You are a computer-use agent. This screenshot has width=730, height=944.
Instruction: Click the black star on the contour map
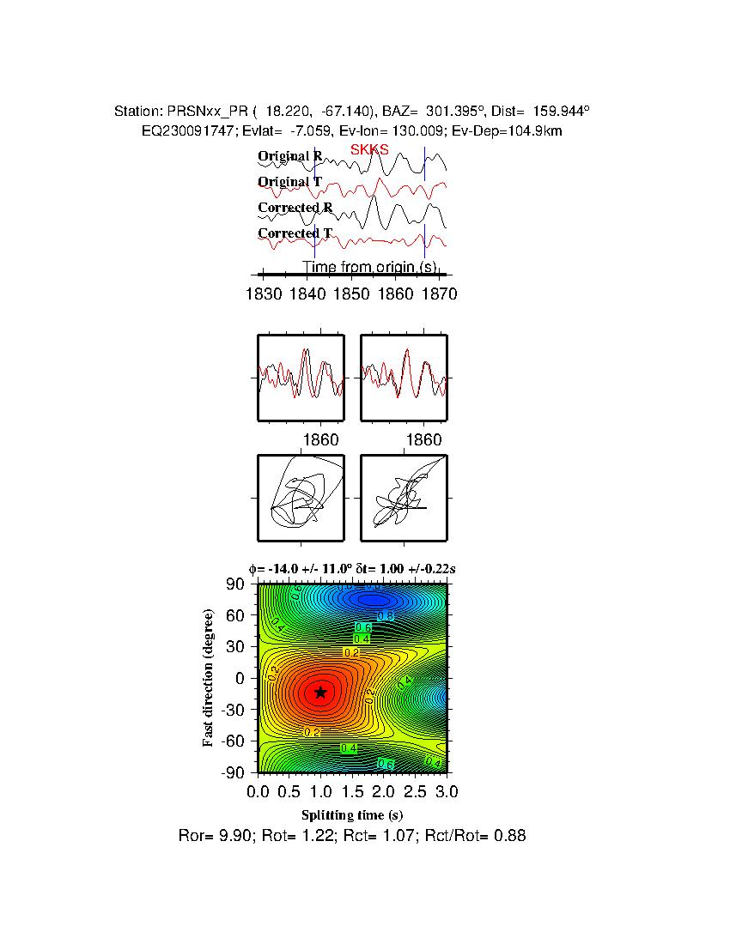click(320, 693)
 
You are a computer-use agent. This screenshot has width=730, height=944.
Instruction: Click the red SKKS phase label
click(369, 149)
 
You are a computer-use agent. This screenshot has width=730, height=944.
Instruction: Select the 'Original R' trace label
click(290, 156)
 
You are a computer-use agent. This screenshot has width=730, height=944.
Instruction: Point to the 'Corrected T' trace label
click(295, 233)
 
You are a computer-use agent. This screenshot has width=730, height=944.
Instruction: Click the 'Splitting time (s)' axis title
click(352, 814)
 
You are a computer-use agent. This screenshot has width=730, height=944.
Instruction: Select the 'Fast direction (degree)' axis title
click(209, 678)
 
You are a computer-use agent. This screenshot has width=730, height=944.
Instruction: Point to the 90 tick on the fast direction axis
click(237, 584)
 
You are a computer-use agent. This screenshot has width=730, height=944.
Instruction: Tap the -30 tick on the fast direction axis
click(234, 710)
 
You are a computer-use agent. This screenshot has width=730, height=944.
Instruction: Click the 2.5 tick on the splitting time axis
click(416, 790)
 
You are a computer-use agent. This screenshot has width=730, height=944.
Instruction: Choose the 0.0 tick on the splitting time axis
click(259, 790)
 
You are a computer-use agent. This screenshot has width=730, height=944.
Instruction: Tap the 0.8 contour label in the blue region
click(386, 616)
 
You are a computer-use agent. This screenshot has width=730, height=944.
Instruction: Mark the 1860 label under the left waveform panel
click(321, 440)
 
